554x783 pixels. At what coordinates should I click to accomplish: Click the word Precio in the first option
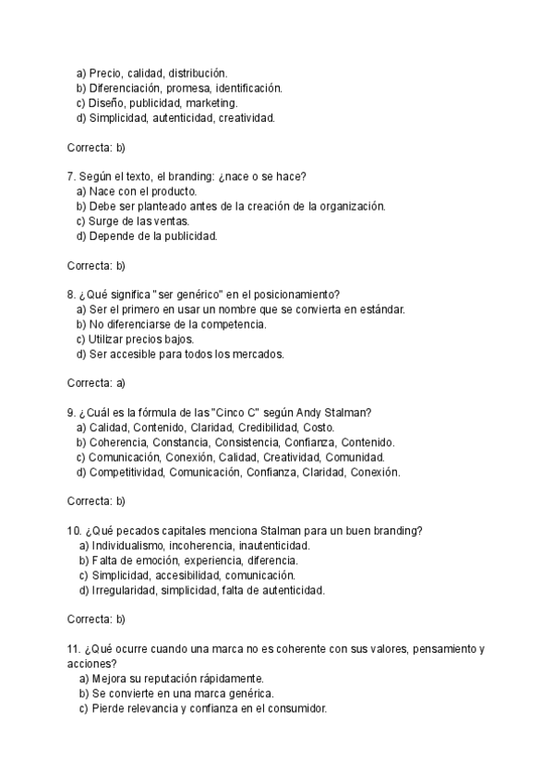point(106,72)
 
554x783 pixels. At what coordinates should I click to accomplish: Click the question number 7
point(70,176)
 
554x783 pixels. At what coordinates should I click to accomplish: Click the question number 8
point(70,295)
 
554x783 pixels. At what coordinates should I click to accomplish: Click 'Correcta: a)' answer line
point(96,382)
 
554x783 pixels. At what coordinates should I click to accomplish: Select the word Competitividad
point(126,472)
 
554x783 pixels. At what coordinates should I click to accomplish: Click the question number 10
point(74,530)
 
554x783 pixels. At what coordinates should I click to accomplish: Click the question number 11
point(74,648)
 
